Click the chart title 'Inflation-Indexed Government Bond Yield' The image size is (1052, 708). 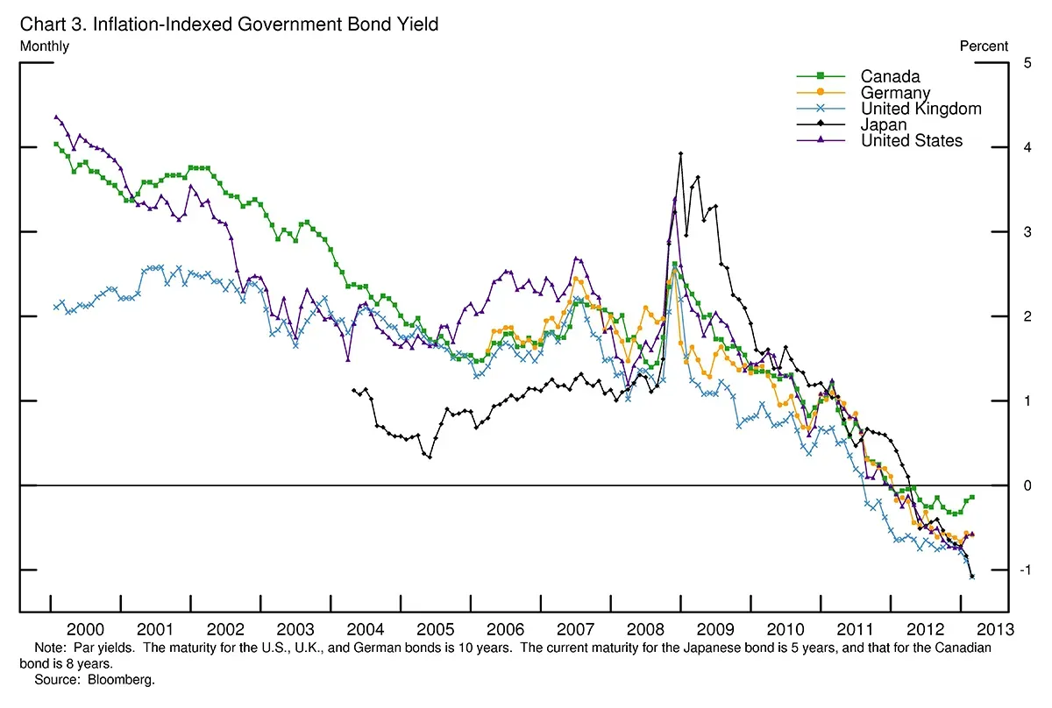263,25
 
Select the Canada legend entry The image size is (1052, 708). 890,77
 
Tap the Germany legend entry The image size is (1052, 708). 895,93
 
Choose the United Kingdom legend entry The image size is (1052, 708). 920,109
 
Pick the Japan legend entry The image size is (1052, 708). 884,124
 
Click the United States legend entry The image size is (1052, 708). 912,140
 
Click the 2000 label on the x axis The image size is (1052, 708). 85,629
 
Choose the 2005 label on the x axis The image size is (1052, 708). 435,629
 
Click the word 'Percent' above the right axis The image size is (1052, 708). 984,46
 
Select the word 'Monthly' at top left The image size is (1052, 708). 44,46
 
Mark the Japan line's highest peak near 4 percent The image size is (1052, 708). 680,153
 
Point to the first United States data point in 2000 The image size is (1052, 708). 56,117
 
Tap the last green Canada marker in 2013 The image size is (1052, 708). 972,497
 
